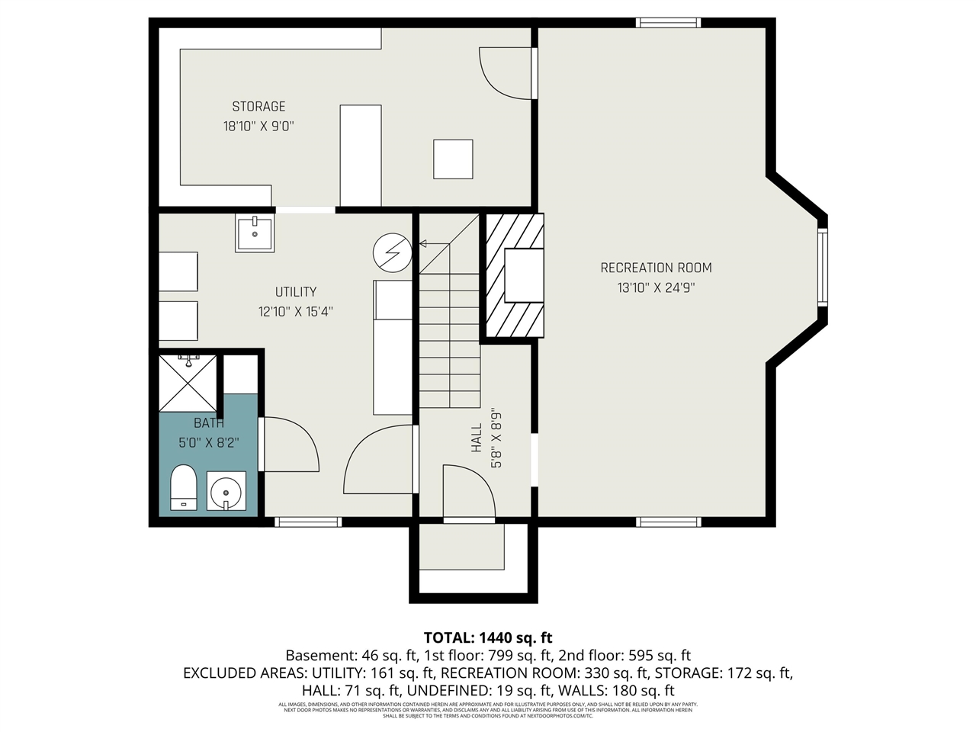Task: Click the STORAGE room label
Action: click(x=258, y=107)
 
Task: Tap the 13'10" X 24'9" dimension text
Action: click(x=656, y=288)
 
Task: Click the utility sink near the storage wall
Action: click(x=255, y=233)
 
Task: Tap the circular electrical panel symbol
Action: click(x=392, y=252)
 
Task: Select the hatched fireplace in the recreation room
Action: click(x=515, y=276)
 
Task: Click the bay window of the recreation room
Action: click(x=822, y=267)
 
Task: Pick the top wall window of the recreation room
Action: click(x=668, y=23)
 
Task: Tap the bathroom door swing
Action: click(x=291, y=444)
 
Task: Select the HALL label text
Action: click(x=477, y=438)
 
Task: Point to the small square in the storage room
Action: click(x=453, y=159)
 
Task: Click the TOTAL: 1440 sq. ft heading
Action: click(x=488, y=637)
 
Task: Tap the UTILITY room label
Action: click(x=296, y=292)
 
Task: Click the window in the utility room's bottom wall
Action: click(x=307, y=522)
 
